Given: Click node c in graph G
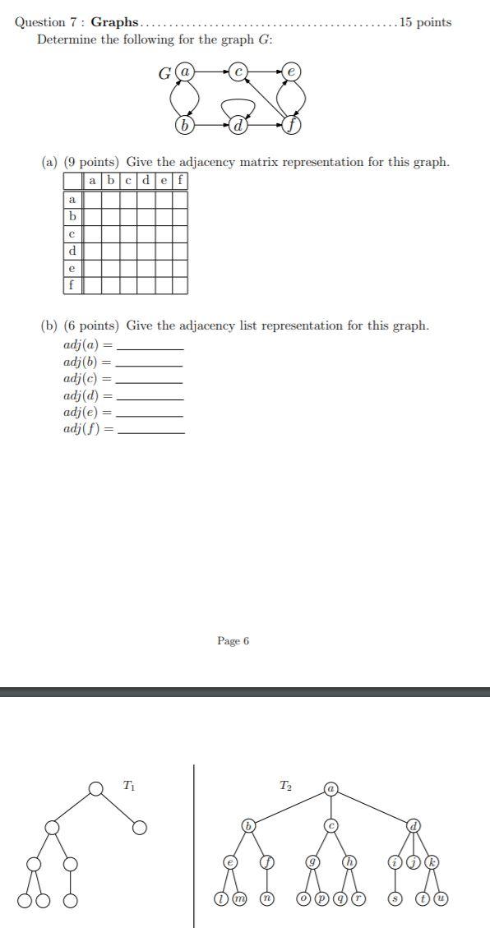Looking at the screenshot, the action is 238,73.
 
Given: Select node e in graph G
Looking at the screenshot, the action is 291,73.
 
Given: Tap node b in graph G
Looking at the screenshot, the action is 185,126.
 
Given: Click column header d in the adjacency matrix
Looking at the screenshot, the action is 145,181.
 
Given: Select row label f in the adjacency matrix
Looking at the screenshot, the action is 72,285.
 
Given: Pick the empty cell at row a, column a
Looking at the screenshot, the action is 91,199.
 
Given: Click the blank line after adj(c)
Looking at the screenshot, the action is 150,381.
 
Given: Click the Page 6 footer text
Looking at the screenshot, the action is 233,640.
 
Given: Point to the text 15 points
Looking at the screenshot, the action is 424,22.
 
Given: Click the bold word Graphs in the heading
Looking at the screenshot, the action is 114,22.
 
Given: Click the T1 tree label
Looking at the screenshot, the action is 129,787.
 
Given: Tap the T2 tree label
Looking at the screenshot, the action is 284,787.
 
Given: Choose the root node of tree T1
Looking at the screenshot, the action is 96,789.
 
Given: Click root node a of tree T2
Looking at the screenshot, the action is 331,789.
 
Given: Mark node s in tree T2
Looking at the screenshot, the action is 395,899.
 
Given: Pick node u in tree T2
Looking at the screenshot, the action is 441,899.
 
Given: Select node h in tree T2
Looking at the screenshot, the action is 349,862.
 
